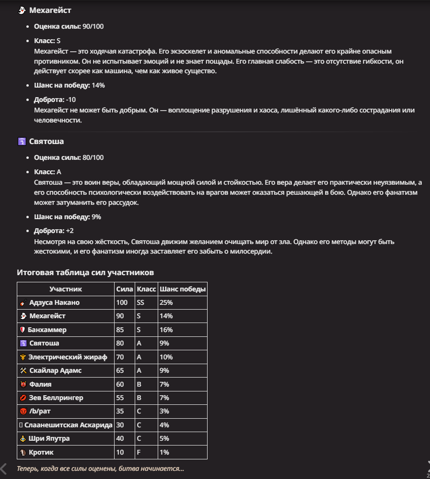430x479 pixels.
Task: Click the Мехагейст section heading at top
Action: (x=50, y=10)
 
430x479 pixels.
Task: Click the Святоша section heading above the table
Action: (x=46, y=142)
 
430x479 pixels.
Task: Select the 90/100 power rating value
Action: (x=93, y=26)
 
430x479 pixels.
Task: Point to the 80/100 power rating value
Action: (x=93, y=157)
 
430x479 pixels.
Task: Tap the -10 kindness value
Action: (x=71, y=99)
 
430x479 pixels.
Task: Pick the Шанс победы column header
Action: (x=183, y=289)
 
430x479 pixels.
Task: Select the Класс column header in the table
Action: (x=146, y=289)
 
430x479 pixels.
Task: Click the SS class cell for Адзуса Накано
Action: (x=140, y=302)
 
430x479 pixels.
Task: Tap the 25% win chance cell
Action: (x=166, y=302)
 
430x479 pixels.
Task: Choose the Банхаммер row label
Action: (x=47, y=330)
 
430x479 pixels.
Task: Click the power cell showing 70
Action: (x=120, y=357)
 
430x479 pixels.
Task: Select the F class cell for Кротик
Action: (x=139, y=452)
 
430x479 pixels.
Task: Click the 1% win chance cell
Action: (x=164, y=452)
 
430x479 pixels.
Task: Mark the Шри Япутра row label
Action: (x=49, y=438)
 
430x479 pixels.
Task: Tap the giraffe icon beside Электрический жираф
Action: (x=23, y=357)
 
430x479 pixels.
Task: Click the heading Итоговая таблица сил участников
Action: (x=85, y=272)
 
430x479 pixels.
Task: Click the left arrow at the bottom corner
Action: (x=4, y=468)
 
